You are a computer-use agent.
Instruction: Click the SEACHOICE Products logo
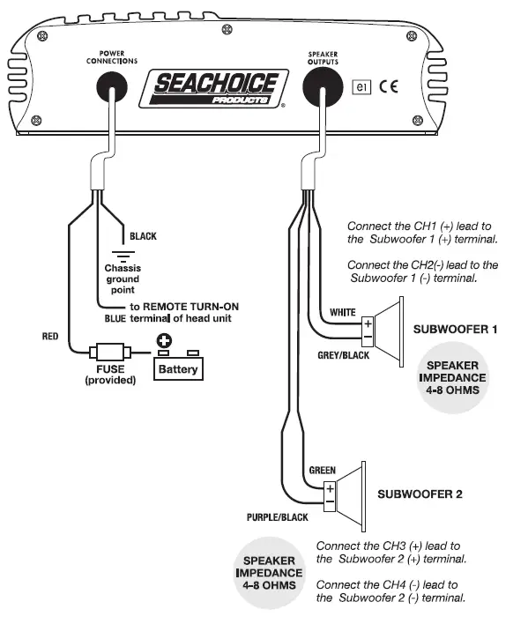215,89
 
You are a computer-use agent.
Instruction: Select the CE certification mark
396,86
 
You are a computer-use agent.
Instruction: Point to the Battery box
179,368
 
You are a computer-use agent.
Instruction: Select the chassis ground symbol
123,256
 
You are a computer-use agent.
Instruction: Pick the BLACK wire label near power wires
143,236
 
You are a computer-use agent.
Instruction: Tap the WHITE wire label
342,312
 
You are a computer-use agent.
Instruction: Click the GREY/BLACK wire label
342,354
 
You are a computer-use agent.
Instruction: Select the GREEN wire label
321,470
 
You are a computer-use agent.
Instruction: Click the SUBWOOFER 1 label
456,330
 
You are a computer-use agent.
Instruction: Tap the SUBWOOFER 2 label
420,494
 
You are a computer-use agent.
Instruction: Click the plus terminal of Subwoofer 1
368,323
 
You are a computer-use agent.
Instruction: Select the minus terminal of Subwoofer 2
329,502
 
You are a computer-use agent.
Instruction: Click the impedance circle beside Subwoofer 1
452,377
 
